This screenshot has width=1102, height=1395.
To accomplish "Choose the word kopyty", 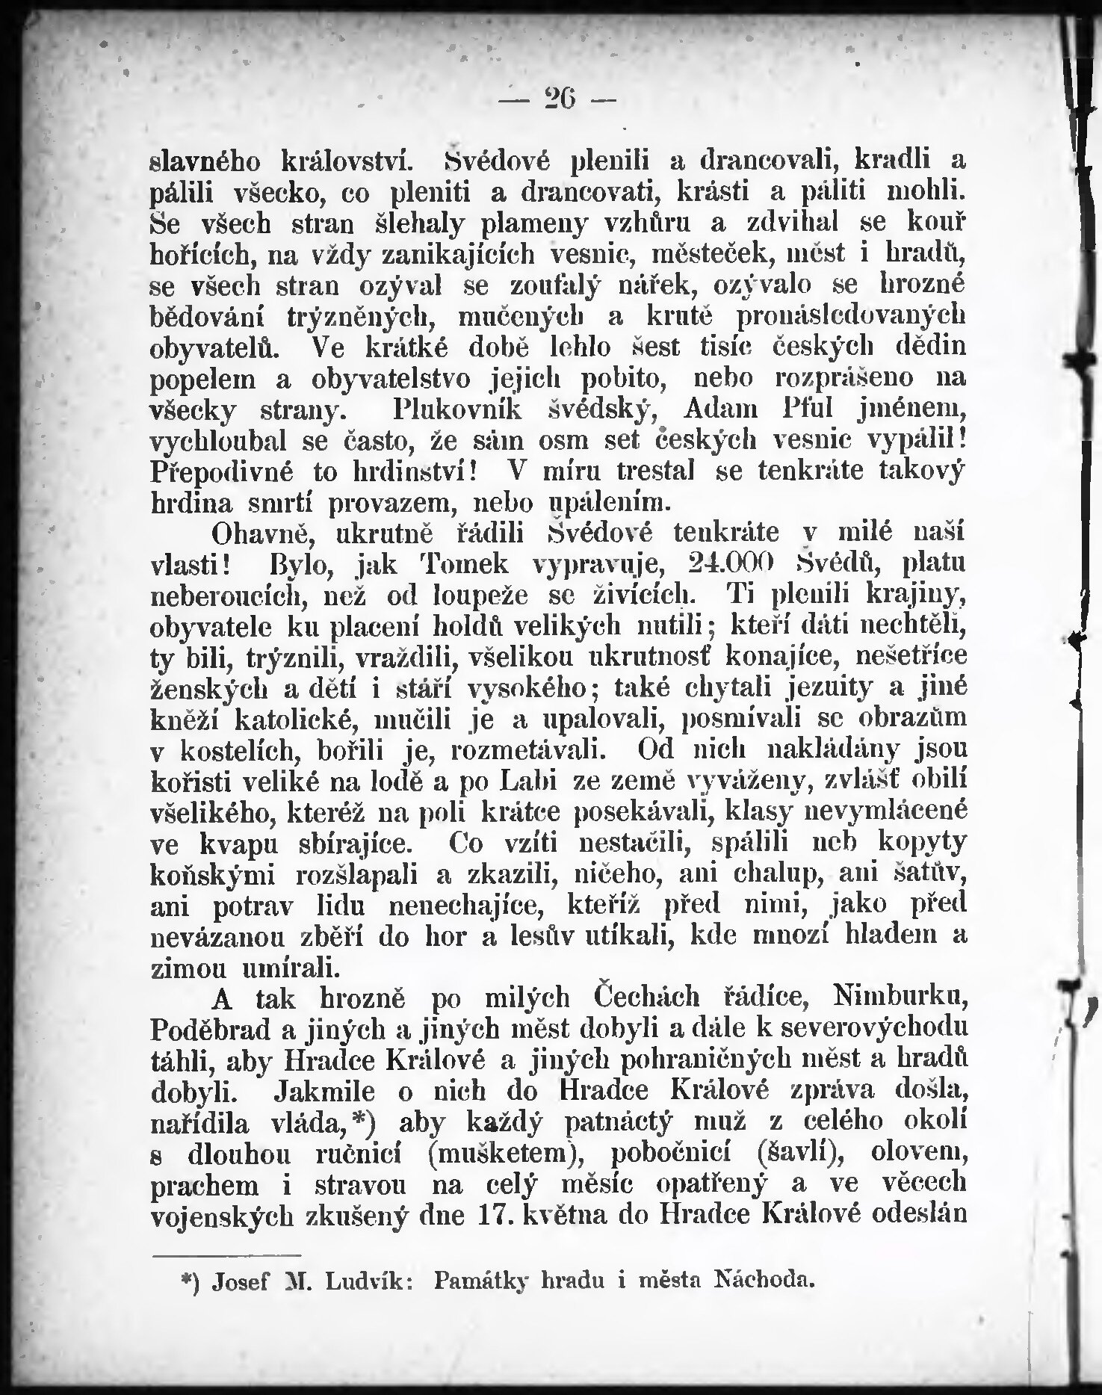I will pyautogui.click(x=923, y=841).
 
